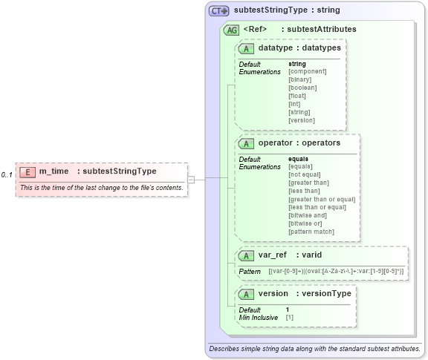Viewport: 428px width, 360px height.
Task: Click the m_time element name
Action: (x=54, y=171)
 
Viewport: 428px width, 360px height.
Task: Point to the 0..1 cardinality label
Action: (x=7, y=174)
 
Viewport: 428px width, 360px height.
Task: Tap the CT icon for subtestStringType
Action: (x=219, y=11)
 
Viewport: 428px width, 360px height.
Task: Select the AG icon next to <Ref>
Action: (x=231, y=30)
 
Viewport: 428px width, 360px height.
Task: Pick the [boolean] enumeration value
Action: (x=302, y=88)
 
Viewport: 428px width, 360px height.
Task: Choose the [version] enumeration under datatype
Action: (x=301, y=120)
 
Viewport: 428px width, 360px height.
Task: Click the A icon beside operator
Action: (x=244, y=143)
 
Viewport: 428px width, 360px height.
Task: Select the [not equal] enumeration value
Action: (x=305, y=174)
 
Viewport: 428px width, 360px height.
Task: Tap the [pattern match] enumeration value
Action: (x=311, y=232)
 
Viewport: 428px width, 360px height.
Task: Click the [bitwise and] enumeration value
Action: (x=308, y=215)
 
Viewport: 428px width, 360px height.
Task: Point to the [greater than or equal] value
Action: (x=322, y=199)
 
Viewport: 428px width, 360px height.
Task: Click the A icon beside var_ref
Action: (x=244, y=255)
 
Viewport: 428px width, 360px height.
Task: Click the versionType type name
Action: (x=323, y=293)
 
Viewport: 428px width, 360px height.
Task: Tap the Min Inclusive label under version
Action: (x=259, y=317)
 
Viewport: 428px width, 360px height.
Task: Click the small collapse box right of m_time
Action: (x=191, y=179)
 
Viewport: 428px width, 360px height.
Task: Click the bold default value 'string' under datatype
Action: (x=296, y=64)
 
